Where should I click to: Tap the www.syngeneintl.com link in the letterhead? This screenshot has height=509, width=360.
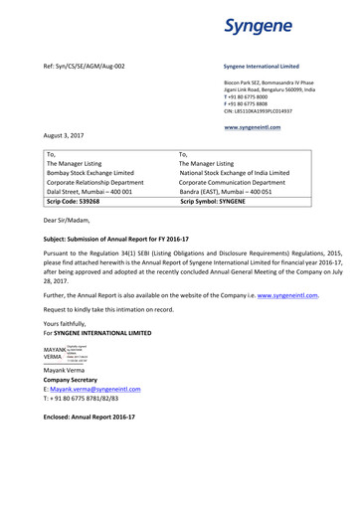coord(253,127)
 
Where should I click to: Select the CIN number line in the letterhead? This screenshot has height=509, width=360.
coord(262,112)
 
